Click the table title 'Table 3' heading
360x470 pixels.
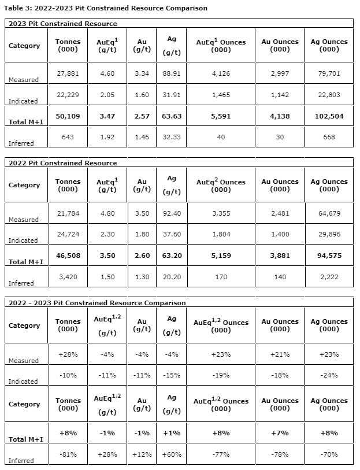click(x=106, y=8)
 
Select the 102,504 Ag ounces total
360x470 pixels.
click(x=329, y=116)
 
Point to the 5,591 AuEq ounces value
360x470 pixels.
click(x=221, y=116)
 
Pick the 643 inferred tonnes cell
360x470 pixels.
click(x=68, y=137)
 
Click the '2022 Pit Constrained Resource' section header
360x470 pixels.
click(x=63, y=163)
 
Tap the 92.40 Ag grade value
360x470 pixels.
click(x=171, y=213)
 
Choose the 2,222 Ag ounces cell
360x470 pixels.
click(x=329, y=277)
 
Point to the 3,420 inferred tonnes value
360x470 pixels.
click(x=68, y=277)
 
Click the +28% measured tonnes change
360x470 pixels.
click(x=68, y=354)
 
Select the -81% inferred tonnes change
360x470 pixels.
click(x=68, y=454)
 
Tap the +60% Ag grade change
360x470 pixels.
click(x=171, y=454)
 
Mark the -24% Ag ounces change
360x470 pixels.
click(x=329, y=375)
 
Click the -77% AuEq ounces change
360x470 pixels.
click(x=221, y=454)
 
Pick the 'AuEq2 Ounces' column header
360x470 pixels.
click(x=221, y=185)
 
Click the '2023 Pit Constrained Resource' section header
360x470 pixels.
click(x=63, y=24)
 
